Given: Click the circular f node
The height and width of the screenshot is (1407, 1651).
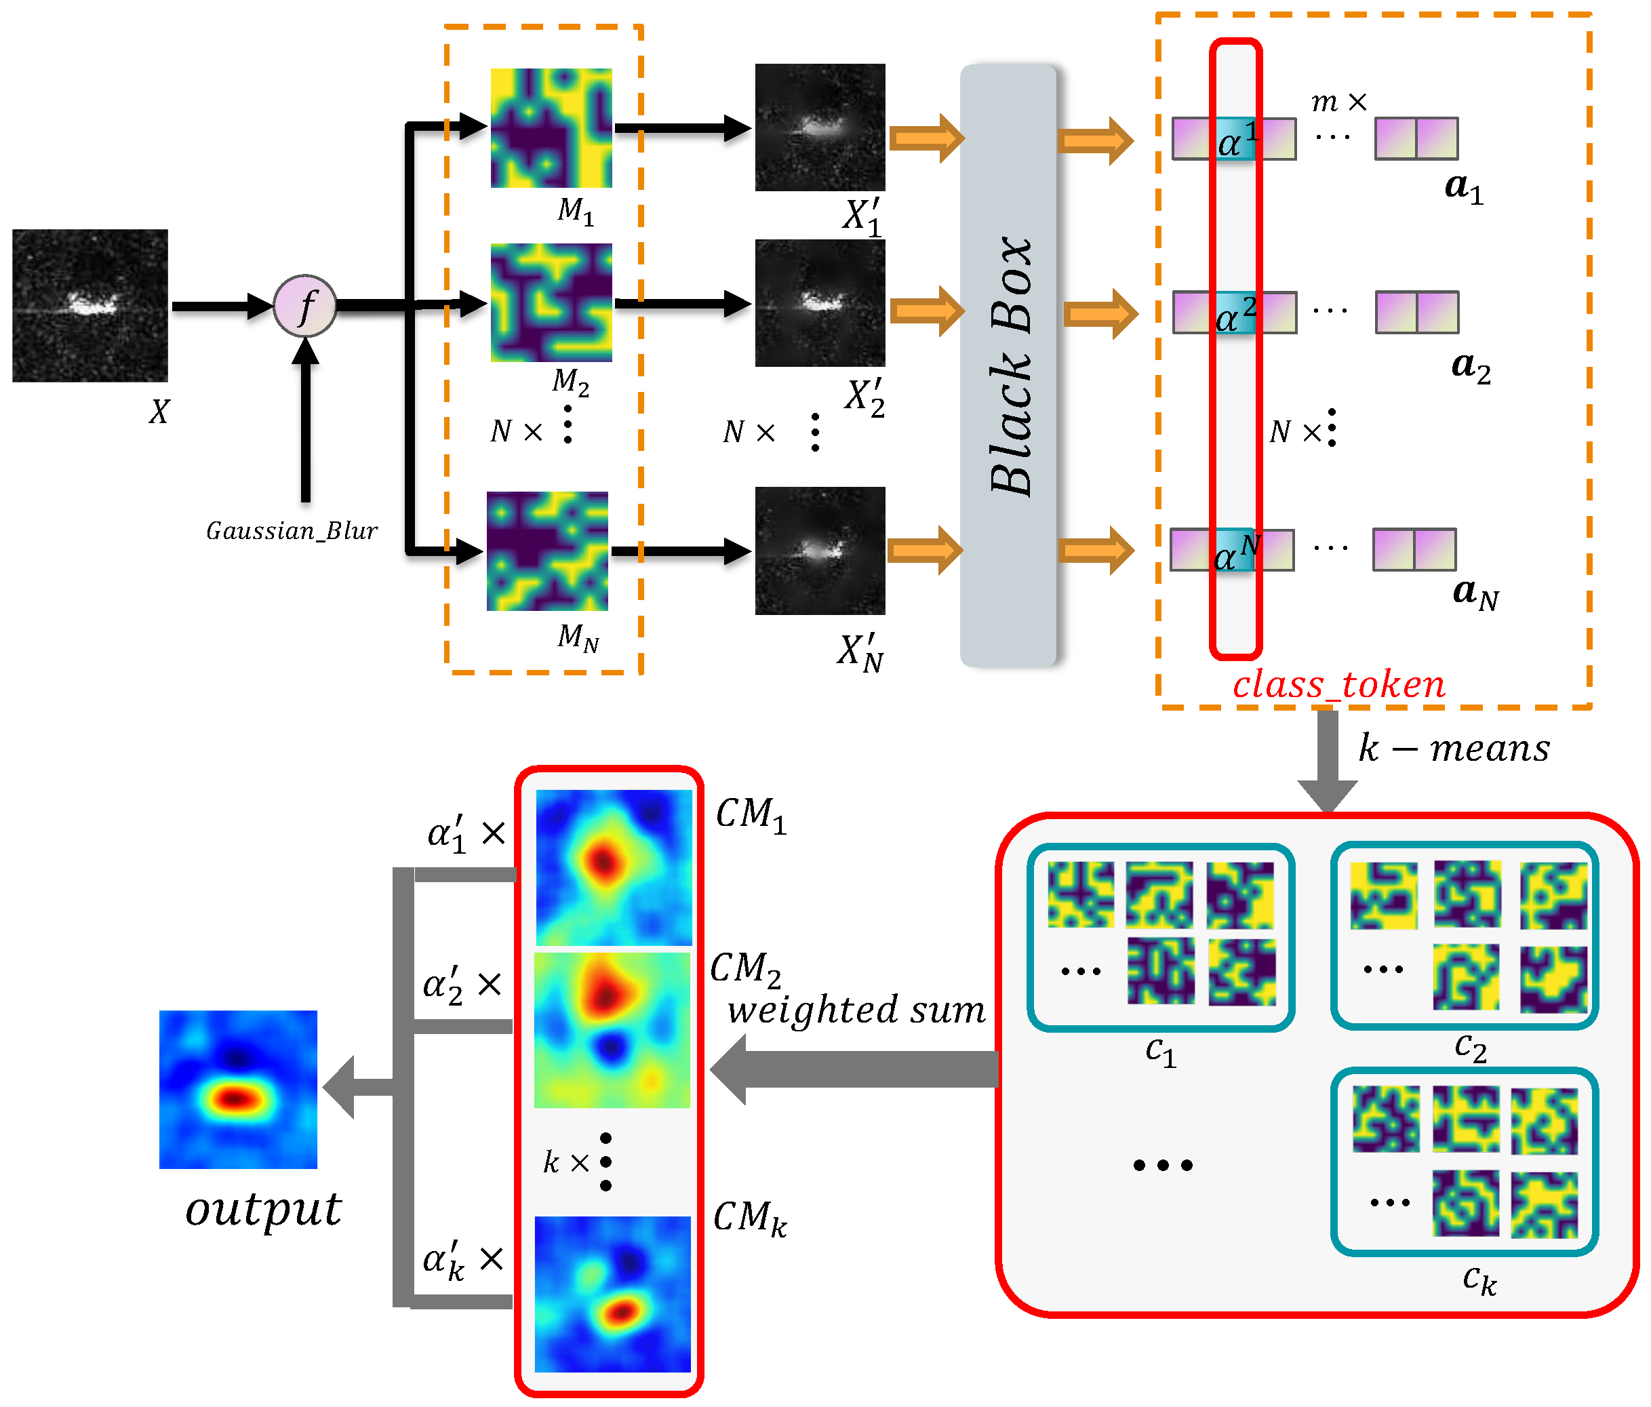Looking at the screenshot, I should point(305,306).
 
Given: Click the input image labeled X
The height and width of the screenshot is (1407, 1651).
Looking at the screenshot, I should point(90,306).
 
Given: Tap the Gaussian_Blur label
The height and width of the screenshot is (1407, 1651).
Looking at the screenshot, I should point(292,532).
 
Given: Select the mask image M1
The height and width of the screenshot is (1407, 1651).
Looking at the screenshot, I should point(551,128).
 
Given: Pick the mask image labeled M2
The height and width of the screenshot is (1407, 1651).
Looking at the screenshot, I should point(551,302).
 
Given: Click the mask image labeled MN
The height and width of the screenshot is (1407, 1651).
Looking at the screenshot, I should point(547,551).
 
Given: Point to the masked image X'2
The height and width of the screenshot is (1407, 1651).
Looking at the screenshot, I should point(820,302).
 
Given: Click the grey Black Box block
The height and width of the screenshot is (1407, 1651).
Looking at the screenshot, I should point(1008,365).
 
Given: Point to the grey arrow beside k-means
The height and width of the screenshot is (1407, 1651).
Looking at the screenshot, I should point(1328,761).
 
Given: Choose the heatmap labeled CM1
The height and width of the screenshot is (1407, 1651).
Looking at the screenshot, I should point(614,868).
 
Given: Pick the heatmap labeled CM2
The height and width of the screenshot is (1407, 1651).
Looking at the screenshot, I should point(612,1030).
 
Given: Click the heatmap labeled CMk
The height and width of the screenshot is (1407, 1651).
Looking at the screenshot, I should point(612,1294).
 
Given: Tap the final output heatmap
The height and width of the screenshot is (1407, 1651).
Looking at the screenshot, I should point(238,1089).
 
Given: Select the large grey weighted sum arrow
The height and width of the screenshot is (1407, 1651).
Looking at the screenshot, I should point(852,1069).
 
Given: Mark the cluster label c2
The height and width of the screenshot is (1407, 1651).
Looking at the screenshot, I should point(1470,1048).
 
